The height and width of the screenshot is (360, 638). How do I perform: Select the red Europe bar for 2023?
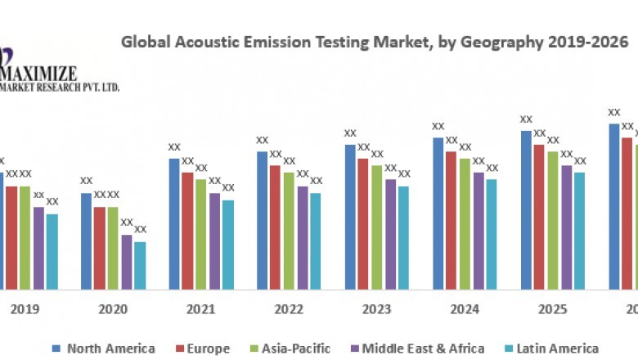point(363,223)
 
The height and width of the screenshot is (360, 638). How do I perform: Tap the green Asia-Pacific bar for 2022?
point(289,230)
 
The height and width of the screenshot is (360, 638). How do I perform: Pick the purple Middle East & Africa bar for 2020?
point(127,262)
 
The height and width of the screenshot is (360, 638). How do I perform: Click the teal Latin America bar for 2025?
point(579,230)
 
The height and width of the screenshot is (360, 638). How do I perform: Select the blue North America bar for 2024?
point(438,213)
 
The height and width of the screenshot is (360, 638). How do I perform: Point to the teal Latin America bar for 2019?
point(52,251)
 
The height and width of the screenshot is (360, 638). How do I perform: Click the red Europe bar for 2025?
point(539,217)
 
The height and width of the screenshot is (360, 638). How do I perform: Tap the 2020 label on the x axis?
point(113,309)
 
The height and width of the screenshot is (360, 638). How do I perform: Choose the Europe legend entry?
point(204,349)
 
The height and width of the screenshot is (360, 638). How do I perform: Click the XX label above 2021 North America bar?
point(174,147)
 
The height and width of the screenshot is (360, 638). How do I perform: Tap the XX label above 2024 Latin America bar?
point(492,168)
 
